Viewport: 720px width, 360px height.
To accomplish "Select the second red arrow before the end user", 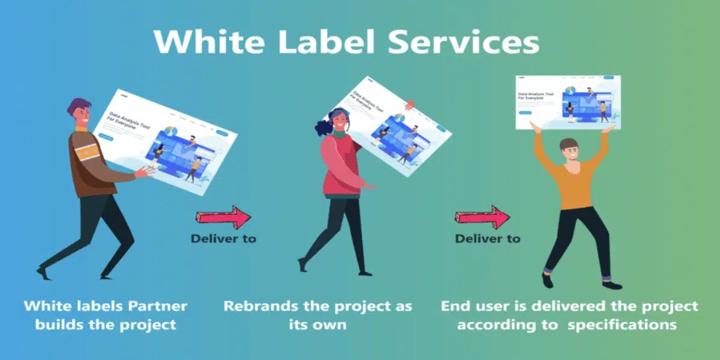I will coord(482,217).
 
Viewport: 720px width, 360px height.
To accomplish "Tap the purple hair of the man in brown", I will coord(78,107).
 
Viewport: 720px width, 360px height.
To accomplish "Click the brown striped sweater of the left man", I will coord(90,160).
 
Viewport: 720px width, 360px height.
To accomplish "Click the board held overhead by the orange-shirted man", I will coord(568,101).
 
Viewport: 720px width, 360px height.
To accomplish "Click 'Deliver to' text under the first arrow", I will coord(223,238).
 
